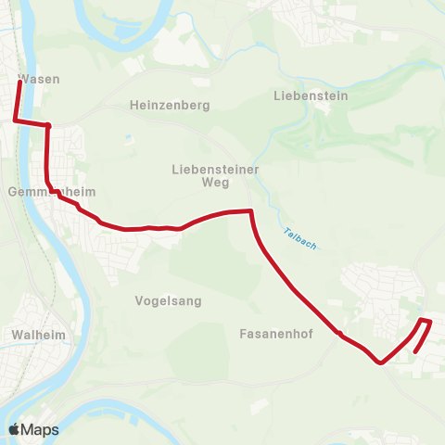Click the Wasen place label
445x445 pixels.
tap(38, 79)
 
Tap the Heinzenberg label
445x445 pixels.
tap(171, 106)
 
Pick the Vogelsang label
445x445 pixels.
tap(168, 301)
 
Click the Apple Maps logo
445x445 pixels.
tap(33, 429)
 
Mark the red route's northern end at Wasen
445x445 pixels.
tap(20, 83)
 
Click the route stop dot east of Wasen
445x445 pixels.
tap(47, 125)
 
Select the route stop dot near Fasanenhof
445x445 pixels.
tap(340, 334)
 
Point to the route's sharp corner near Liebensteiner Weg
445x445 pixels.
tap(250, 211)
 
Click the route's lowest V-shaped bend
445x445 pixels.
tap(380, 362)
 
